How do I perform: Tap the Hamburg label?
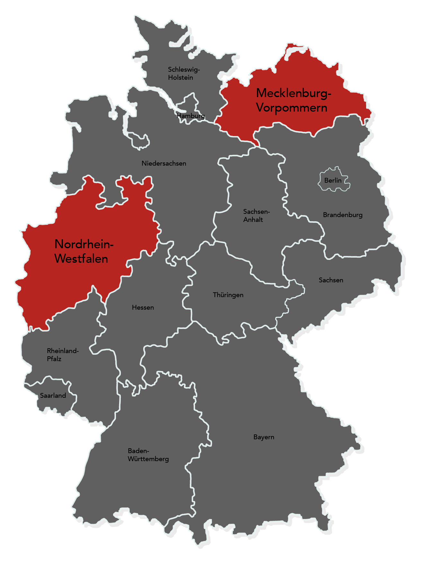click(191, 116)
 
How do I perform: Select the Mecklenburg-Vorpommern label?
click(293, 100)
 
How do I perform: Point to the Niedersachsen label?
click(164, 163)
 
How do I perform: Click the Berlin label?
click(333, 180)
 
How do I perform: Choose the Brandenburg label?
click(343, 215)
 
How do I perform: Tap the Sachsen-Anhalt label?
click(256, 215)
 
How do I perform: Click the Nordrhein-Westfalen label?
click(84, 251)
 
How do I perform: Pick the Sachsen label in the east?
click(331, 280)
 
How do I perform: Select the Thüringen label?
click(228, 295)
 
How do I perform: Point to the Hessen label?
click(143, 307)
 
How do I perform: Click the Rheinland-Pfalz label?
click(63, 355)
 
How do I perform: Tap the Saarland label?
click(53, 396)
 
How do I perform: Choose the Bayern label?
click(264, 437)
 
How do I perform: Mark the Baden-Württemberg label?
click(148, 455)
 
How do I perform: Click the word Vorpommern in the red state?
click(292, 108)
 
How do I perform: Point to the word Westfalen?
click(81, 259)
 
